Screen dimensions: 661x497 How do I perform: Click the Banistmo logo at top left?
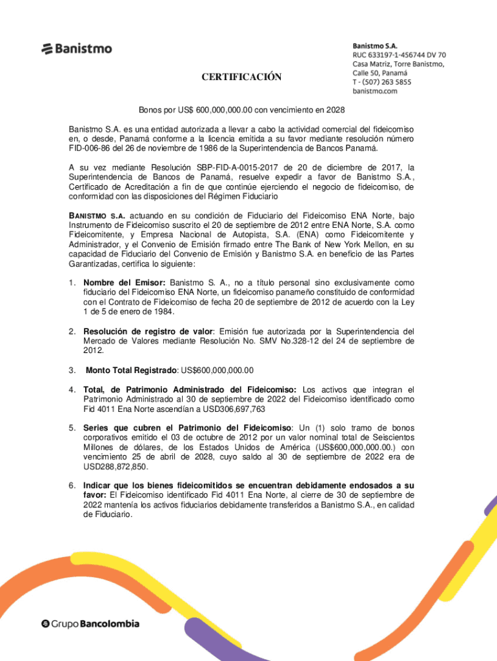[x=77, y=48]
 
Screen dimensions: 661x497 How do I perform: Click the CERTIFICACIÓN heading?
[x=241, y=77]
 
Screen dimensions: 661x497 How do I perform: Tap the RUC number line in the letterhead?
[x=398, y=56]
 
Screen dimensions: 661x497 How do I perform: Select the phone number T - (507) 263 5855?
[x=381, y=82]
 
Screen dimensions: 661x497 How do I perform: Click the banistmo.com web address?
[x=374, y=91]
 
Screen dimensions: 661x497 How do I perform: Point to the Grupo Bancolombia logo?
[x=90, y=624]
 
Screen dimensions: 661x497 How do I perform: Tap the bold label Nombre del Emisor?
[x=125, y=283]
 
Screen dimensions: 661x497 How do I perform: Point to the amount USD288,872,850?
[x=115, y=467]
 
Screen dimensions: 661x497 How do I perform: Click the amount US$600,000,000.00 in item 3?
[x=218, y=370]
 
